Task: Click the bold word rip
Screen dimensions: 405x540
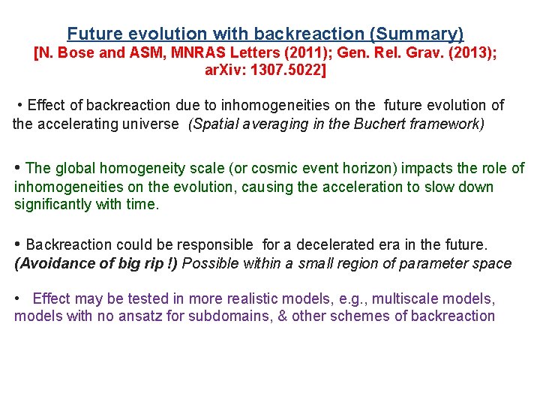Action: (147, 263)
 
